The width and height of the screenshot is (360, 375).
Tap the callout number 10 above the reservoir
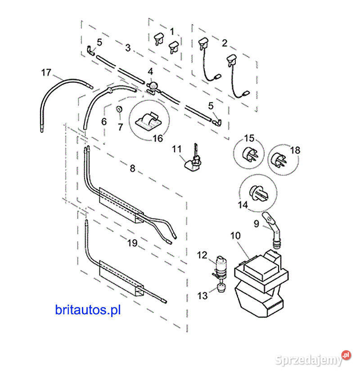(236, 236)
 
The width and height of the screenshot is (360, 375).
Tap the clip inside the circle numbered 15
(251, 153)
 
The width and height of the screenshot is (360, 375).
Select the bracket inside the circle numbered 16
(148, 120)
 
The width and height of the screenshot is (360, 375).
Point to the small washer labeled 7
(120, 110)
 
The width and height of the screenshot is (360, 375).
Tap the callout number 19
(132, 243)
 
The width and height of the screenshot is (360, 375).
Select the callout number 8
(132, 169)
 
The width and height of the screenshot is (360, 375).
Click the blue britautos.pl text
(88, 309)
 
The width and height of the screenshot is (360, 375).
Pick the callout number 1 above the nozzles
(171, 31)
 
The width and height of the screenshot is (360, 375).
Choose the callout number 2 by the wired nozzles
(224, 44)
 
